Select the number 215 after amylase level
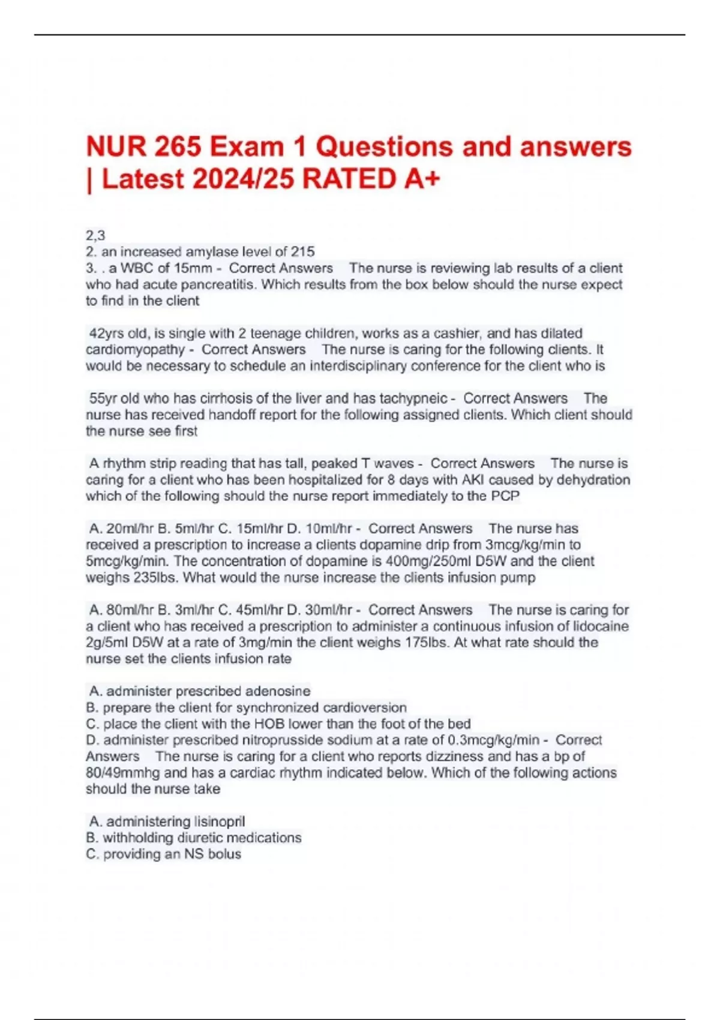[303, 252]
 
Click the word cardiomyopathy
[135, 350]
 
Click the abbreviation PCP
[505, 496]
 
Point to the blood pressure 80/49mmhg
[123, 773]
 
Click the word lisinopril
[211, 821]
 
